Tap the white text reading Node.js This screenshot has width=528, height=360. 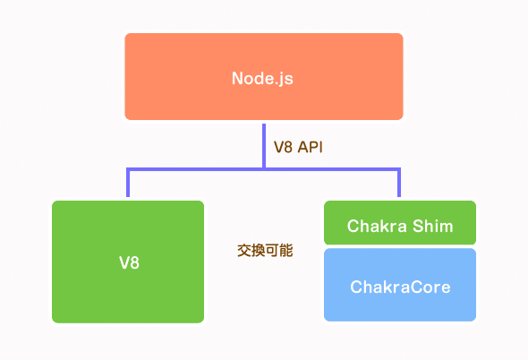pos(263,78)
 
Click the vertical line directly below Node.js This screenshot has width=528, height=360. pos(264,143)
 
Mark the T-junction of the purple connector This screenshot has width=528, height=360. pos(264,168)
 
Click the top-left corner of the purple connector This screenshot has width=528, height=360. pos(129,168)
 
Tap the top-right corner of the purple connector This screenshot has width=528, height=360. pos(398,168)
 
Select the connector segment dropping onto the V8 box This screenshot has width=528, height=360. pos(129,184)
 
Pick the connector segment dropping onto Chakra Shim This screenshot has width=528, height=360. pos(398,184)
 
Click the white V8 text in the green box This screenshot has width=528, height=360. pos(129,262)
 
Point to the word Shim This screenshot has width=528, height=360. pos(432,227)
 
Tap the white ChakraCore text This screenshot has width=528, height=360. pos(399,287)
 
